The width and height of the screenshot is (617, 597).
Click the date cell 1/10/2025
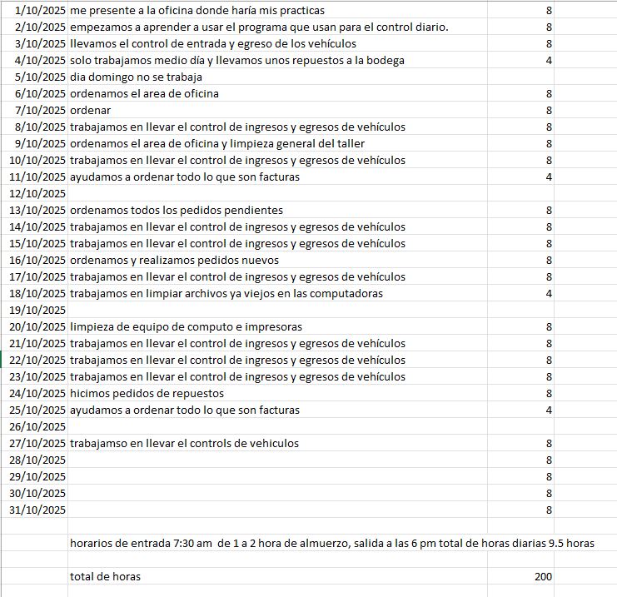click(40, 11)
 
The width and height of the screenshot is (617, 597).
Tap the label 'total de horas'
click(105, 576)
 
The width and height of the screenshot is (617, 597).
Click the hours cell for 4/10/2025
click(549, 61)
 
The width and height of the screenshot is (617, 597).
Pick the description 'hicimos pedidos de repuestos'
click(147, 393)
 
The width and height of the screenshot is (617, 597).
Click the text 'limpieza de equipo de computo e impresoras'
click(186, 326)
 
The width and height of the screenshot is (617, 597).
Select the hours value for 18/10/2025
click(549, 293)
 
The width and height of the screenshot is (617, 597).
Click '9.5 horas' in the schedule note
click(570, 543)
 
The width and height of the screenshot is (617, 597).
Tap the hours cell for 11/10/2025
click(549, 177)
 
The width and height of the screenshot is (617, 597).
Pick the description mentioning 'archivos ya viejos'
click(226, 293)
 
